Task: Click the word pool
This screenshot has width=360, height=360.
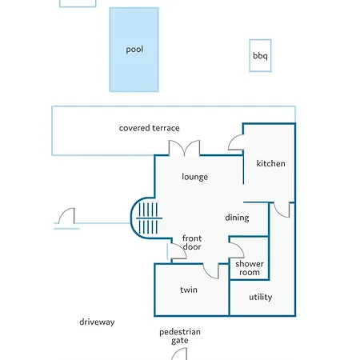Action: tap(134, 50)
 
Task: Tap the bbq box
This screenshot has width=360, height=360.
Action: tap(260, 55)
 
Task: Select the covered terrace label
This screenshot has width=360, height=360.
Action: tap(150, 128)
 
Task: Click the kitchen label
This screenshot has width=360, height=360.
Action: tap(270, 163)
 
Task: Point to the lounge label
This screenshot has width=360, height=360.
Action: tap(195, 177)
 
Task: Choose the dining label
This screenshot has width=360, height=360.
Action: tap(237, 218)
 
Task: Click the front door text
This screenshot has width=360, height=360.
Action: tap(192, 242)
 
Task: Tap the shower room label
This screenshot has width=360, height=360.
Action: tap(250, 268)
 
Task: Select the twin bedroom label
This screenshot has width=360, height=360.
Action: tap(189, 290)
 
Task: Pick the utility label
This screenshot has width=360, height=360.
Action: tap(261, 297)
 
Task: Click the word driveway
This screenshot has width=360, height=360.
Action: tap(97, 322)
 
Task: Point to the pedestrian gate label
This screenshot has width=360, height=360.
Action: tap(180, 336)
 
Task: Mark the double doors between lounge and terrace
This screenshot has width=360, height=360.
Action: tap(184, 148)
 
